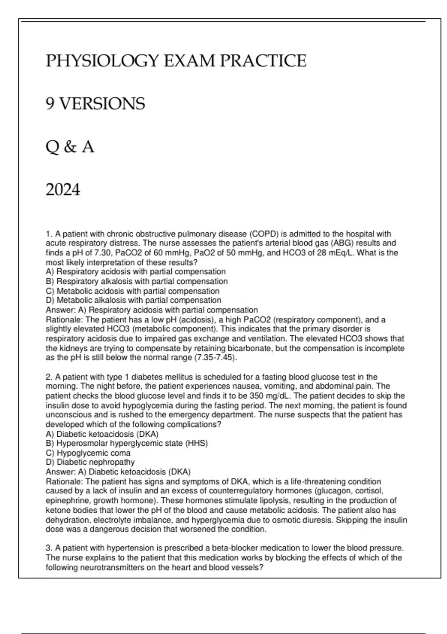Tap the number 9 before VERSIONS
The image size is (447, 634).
tap(50, 104)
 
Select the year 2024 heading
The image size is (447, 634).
tap(63, 190)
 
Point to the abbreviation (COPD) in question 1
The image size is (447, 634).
tap(263, 234)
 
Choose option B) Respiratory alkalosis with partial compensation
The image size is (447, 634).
tap(136, 281)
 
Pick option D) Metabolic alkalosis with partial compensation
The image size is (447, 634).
tap(133, 300)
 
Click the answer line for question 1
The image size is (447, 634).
tap(152, 310)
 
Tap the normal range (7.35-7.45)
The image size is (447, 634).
tap(216, 358)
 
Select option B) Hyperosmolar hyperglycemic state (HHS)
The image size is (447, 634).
tap(127, 443)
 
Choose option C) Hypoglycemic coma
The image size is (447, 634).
tap(88, 453)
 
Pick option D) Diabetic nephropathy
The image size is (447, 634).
tap(90, 462)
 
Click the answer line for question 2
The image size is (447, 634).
tap(118, 472)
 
